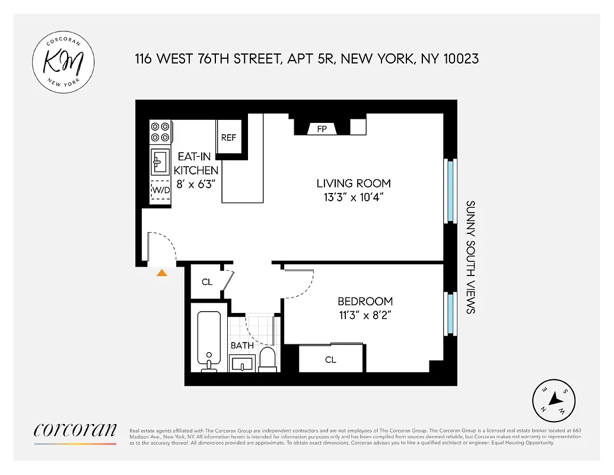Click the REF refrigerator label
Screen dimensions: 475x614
point(228,137)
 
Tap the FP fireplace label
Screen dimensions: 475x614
point(322,128)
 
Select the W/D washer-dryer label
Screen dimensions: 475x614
point(161,190)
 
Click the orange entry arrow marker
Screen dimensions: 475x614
point(161,273)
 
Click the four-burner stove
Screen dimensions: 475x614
point(160,132)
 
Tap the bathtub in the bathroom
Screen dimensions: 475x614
point(209,339)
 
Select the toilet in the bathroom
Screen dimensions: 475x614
point(268,360)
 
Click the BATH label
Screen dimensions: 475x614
point(242,345)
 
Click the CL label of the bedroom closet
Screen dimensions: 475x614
point(330,359)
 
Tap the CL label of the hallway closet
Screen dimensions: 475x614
point(206,282)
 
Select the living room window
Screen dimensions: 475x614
point(450,191)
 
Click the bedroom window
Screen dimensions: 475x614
point(450,313)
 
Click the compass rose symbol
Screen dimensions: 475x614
point(553,400)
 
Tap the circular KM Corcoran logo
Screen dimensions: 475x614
point(62,63)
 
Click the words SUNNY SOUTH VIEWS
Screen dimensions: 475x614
point(470,256)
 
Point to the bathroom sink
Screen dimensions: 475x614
point(241,363)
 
